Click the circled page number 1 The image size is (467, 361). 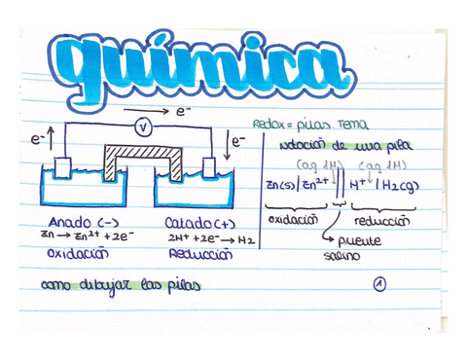coord(378,285)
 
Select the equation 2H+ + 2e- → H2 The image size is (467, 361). coord(198,236)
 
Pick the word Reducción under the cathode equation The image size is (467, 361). coord(199,252)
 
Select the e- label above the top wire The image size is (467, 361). coord(182,113)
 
